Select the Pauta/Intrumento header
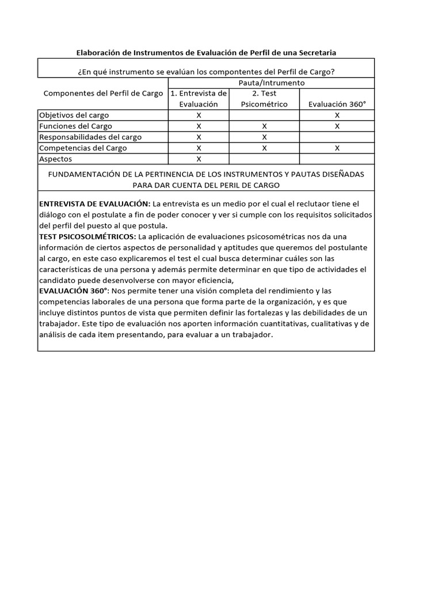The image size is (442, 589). [x=270, y=83]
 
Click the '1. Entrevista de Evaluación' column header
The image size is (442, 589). [x=199, y=98]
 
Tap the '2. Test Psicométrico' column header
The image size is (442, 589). [x=264, y=98]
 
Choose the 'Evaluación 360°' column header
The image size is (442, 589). [x=337, y=104]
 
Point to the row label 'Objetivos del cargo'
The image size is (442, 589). [x=74, y=115]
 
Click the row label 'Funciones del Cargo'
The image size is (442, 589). [x=75, y=126]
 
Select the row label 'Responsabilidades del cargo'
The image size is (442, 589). [x=90, y=137]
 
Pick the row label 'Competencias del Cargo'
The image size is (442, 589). [x=83, y=148]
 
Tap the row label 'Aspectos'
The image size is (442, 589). [x=55, y=159]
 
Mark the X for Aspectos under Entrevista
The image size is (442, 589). [x=199, y=159]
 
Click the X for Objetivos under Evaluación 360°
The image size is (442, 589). [x=337, y=115]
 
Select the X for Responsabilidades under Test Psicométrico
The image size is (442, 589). [x=264, y=137]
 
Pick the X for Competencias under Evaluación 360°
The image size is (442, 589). [x=337, y=148]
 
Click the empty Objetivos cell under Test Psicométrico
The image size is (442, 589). [x=264, y=115]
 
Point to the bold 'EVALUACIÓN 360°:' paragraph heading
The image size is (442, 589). [x=74, y=291]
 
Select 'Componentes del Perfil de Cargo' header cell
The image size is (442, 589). [x=103, y=93]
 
